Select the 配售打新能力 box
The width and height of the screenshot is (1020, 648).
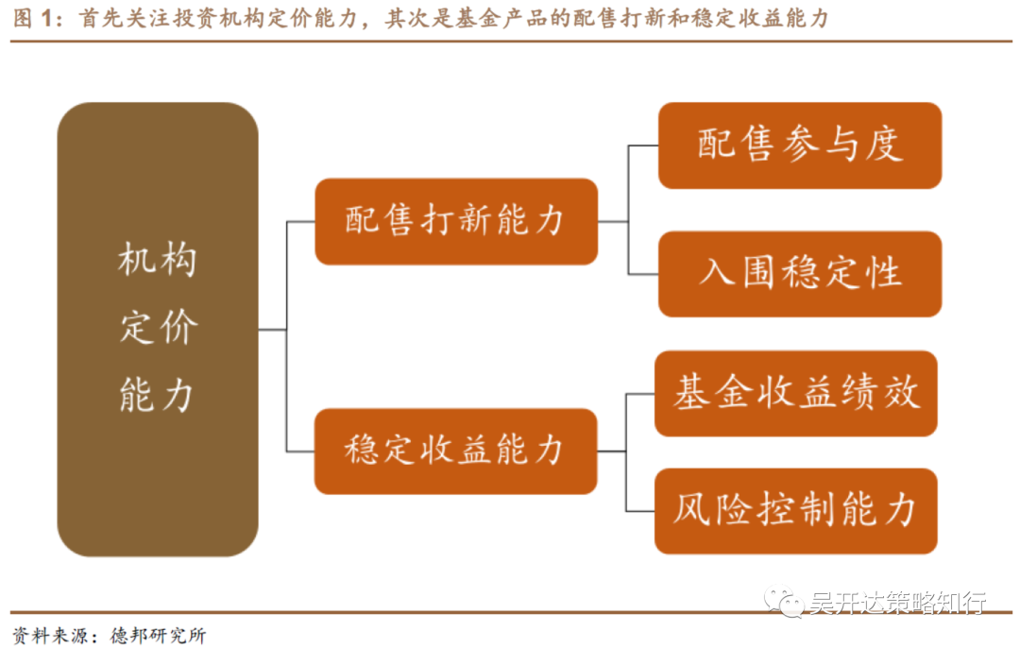click(x=455, y=221)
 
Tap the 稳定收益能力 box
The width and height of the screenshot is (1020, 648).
click(x=455, y=451)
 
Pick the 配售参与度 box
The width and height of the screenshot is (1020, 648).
click(x=799, y=145)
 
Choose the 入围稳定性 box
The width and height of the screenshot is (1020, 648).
click(x=799, y=273)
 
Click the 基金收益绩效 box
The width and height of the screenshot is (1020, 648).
click(x=795, y=393)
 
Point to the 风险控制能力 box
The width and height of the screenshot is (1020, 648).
click(x=795, y=510)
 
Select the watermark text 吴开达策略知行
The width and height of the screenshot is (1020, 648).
click(x=897, y=602)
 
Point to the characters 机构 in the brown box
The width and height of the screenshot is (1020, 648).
click(x=158, y=260)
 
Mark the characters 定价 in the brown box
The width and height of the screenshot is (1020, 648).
click(x=158, y=328)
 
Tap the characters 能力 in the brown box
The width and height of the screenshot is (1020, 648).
click(x=158, y=396)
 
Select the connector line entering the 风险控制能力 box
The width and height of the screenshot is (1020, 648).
click(x=639, y=511)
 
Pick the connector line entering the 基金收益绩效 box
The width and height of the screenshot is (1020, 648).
click(x=639, y=394)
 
